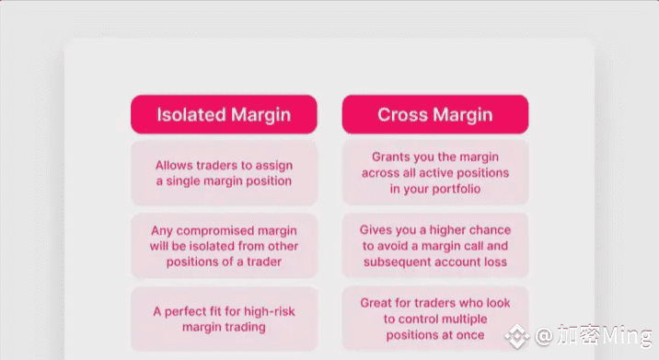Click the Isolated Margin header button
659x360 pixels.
[x=224, y=114]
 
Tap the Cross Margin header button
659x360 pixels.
[x=435, y=114]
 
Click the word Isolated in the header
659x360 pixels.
[x=191, y=114]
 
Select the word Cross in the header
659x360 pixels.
[x=402, y=114]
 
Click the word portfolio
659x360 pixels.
[x=457, y=189]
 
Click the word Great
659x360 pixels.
[x=376, y=303]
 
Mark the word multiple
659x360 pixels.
[x=463, y=319]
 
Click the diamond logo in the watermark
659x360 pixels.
[x=517, y=336]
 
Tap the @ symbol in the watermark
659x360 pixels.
[x=544, y=336]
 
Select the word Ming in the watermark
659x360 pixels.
[x=627, y=336]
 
